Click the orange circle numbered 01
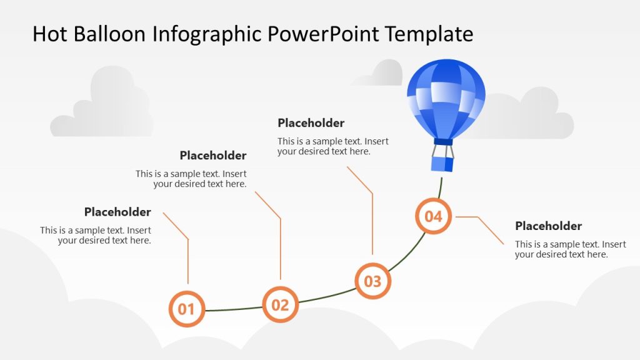(186, 309)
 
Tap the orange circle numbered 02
(280, 304)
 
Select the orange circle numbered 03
(372, 281)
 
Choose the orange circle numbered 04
(433, 216)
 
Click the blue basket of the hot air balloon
(442, 164)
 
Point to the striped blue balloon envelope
(446, 97)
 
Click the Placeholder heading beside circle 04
(548, 226)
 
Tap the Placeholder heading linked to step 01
(117, 212)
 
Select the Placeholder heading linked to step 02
(213, 156)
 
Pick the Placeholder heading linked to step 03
(311, 123)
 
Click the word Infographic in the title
(209, 34)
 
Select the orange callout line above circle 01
(187, 259)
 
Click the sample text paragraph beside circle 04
(570, 249)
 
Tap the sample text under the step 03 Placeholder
(332, 146)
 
